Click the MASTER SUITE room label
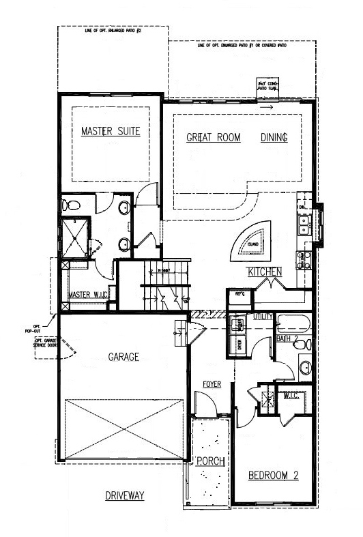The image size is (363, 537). (110, 131)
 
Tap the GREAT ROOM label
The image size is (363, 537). (214, 137)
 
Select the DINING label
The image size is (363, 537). (274, 137)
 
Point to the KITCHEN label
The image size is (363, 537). (264, 272)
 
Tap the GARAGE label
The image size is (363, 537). (123, 356)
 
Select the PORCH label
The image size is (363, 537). (211, 461)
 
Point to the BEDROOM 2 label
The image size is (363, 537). (272, 475)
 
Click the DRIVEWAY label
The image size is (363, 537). (125, 496)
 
